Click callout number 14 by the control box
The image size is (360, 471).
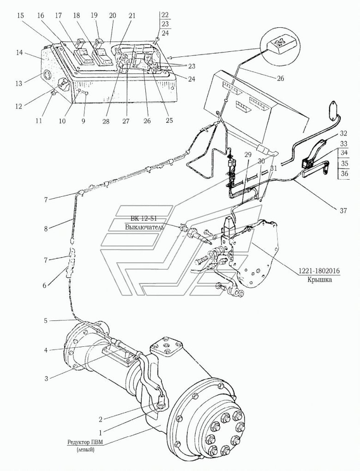tap(19, 53)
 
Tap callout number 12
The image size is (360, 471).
tap(19, 106)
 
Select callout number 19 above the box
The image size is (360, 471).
tap(95, 15)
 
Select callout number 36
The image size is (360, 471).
tap(344, 174)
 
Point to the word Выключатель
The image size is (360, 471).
tap(144, 227)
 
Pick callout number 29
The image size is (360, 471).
tap(248, 156)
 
